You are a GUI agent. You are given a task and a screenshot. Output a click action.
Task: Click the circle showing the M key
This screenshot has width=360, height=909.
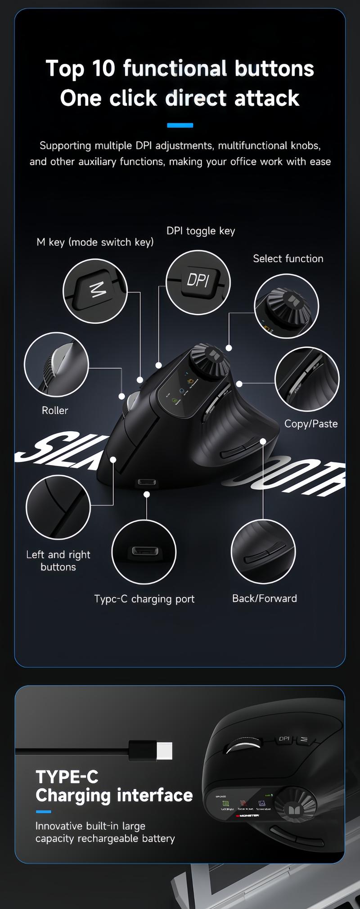click(95, 291)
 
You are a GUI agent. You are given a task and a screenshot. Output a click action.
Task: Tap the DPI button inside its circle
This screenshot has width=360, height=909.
click(198, 281)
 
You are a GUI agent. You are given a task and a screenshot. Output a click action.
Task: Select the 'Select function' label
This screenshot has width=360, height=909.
click(288, 258)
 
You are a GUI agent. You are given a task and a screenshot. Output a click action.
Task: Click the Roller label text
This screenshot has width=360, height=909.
click(55, 410)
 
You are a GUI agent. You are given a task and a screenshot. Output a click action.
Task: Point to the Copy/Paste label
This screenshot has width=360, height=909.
click(310, 424)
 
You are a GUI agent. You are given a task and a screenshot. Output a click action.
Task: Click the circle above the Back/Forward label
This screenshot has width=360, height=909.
click(263, 552)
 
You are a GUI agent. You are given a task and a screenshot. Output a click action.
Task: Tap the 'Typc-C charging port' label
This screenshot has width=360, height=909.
click(144, 599)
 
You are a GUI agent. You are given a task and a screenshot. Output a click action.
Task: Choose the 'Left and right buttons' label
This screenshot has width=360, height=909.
click(58, 561)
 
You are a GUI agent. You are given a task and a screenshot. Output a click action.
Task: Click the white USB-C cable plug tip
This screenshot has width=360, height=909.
click(164, 751)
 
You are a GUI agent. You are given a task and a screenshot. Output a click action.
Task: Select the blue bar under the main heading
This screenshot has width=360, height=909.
click(180, 125)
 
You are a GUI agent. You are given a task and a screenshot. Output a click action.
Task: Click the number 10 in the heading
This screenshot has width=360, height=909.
click(104, 68)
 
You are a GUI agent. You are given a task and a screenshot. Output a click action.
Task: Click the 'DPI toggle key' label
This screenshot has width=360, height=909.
click(201, 231)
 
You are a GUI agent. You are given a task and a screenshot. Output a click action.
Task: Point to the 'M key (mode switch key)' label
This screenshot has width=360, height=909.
click(95, 242)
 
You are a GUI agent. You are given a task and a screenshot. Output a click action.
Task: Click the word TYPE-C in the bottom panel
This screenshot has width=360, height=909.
click(67, 777)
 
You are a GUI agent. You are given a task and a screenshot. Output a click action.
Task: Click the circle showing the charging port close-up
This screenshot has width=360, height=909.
click(144, 552)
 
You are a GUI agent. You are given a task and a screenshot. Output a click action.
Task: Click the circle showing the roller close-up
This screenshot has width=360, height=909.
click(56, 364)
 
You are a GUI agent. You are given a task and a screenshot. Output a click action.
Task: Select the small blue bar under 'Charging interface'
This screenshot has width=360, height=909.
click(43, 811)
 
